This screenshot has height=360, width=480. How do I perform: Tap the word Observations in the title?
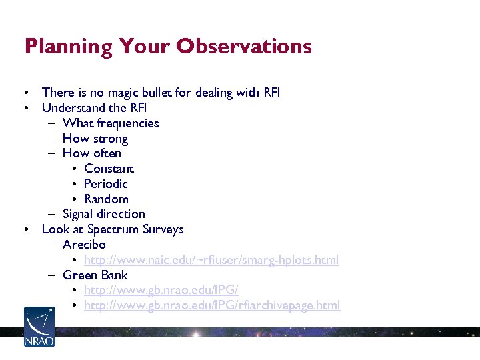[244, 46]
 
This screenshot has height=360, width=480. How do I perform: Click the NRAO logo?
[39, 326]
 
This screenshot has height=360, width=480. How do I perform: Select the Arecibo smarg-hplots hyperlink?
[211, 260]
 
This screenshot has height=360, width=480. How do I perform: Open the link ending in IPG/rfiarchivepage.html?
[211, 305]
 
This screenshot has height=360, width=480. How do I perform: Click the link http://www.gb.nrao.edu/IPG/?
[161, 290]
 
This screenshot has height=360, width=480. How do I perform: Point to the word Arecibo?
[84, 245]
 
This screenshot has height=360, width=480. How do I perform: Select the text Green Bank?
[95, 275]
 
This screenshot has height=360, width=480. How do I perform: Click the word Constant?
[109, 169]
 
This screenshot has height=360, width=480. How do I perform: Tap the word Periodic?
[105, 184]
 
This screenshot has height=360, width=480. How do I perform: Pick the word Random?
[106, 199]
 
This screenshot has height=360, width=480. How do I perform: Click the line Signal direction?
[103, 214]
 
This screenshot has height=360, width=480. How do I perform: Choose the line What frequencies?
[111, 123]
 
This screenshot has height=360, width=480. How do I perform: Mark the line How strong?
[95, 139]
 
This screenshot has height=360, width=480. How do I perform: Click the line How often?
[92, 153]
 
